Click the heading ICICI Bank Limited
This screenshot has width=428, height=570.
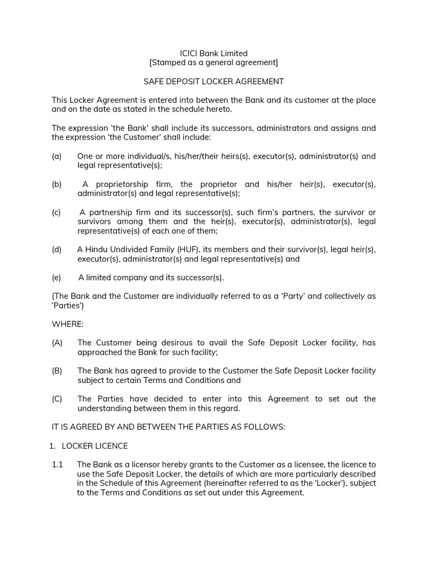pyautogui.click(x=213, y=53)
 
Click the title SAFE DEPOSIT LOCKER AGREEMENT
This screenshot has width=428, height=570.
pyautogui.click(x=213, y=82)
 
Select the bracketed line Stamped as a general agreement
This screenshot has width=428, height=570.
pyautogui.click(x=213, y=62)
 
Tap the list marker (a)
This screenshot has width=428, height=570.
pyautogui.click(x=57, y=156)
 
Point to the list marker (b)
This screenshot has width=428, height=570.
pyautogui.click(x=57, y=184)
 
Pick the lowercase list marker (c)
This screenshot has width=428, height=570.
pyautogui.click(x=57, y=213)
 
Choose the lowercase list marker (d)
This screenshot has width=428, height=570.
pyautogui.click(x=57, y=249)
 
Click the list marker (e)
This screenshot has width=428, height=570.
pyautogui.click(x=57, y=277)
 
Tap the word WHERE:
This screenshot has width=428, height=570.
pyautogui.click(x=67, y=324)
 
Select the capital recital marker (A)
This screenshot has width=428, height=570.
pyautogui.click(x=57, y=343)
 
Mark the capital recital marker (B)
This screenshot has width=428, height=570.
pyautogui.click(x=57, y=371)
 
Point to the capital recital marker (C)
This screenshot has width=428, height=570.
pyautogui.click(x=57, y=399)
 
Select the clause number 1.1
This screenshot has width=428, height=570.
pyautogui.click(x=57, y=464)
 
